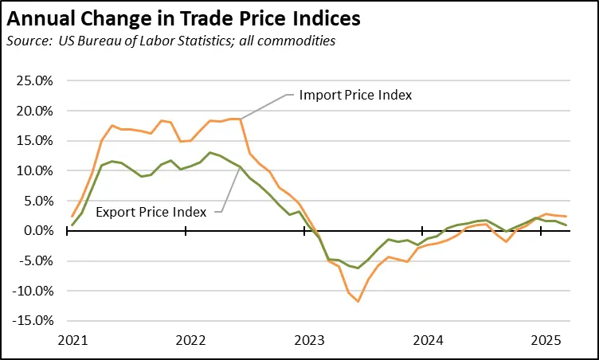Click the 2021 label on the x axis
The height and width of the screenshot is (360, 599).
(72, 339)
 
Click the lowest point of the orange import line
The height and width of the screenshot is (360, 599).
(358, 301)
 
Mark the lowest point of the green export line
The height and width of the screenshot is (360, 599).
(358, 268)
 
